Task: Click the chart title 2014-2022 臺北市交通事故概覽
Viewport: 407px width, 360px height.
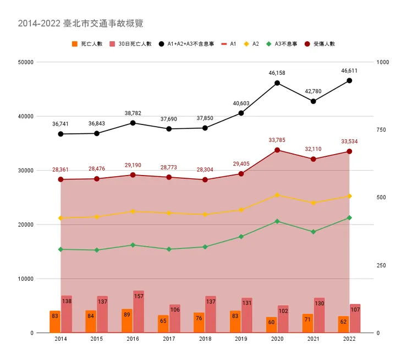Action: point(81,24)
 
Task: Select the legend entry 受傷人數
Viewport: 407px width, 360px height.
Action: point(324,43)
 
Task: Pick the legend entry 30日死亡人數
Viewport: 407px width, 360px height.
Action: point(134,43)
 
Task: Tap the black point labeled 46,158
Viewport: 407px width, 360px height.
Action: point(277,83)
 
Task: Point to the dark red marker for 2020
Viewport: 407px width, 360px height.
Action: point(277,150)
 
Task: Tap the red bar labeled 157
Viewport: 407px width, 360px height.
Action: point(139,312)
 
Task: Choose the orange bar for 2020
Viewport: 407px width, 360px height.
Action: point(271,325)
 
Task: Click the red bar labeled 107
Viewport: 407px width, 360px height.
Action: point(355,318)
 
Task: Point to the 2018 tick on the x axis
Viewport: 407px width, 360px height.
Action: point(205,340)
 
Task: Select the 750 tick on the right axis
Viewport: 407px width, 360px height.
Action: point(382,130)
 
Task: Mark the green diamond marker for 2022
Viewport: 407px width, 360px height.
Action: point(349,218)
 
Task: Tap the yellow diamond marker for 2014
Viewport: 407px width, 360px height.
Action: point(61,218)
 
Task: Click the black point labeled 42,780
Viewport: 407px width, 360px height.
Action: point(313,101)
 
